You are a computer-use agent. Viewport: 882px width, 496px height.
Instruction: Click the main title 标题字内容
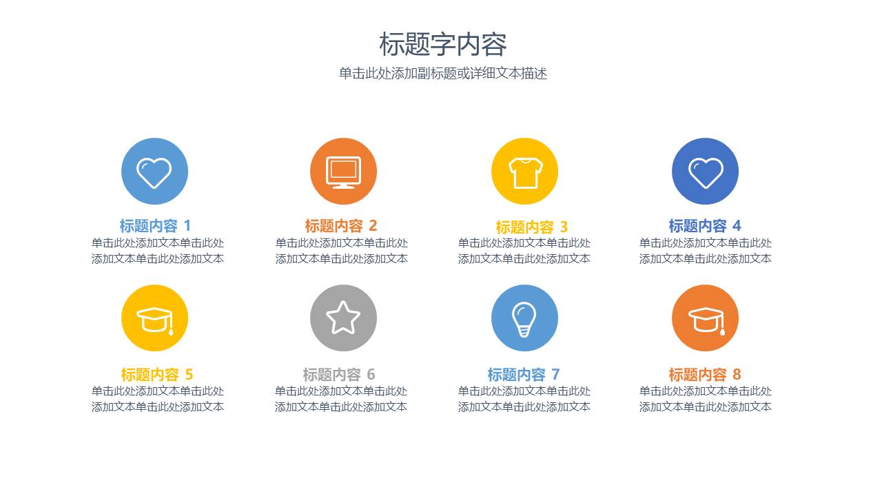coord(442,45)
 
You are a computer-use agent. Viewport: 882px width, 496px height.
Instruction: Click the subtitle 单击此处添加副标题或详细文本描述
coord(442,74)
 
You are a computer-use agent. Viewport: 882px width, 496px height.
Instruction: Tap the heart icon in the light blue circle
coord(154,172)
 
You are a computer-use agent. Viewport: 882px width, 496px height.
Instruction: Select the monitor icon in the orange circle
coord(343,172)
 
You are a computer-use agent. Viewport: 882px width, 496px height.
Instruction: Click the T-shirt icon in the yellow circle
coord(524,172)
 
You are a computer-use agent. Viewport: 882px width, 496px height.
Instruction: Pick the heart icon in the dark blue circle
coord(705,172)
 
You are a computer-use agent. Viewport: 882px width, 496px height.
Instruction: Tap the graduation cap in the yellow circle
coord(154,319)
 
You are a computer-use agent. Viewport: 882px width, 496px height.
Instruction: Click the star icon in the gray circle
coord(343,318)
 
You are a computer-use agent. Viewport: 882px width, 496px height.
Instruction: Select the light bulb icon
coord(524,319)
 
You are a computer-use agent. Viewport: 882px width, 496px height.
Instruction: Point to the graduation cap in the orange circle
coord(705,319)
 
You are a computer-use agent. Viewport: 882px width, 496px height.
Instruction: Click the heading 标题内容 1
coord(155,226)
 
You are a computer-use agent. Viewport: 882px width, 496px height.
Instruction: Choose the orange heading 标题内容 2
coord(341,226)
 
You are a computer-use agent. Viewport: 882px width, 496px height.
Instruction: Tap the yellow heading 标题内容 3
coord(531,227)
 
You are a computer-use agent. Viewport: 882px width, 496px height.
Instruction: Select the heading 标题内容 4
coord(704,226)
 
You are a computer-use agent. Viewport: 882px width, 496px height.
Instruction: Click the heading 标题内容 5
coord(156,375)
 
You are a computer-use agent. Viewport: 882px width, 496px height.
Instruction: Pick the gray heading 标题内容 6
coord(338,375)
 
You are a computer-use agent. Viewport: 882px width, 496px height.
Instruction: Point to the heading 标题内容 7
coord(523,375)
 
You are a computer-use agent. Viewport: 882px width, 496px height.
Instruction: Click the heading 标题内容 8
coord(704,375)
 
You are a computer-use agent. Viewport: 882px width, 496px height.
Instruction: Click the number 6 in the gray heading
coord(371,375)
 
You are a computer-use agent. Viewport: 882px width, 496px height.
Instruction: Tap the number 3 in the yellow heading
coord(564,227)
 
